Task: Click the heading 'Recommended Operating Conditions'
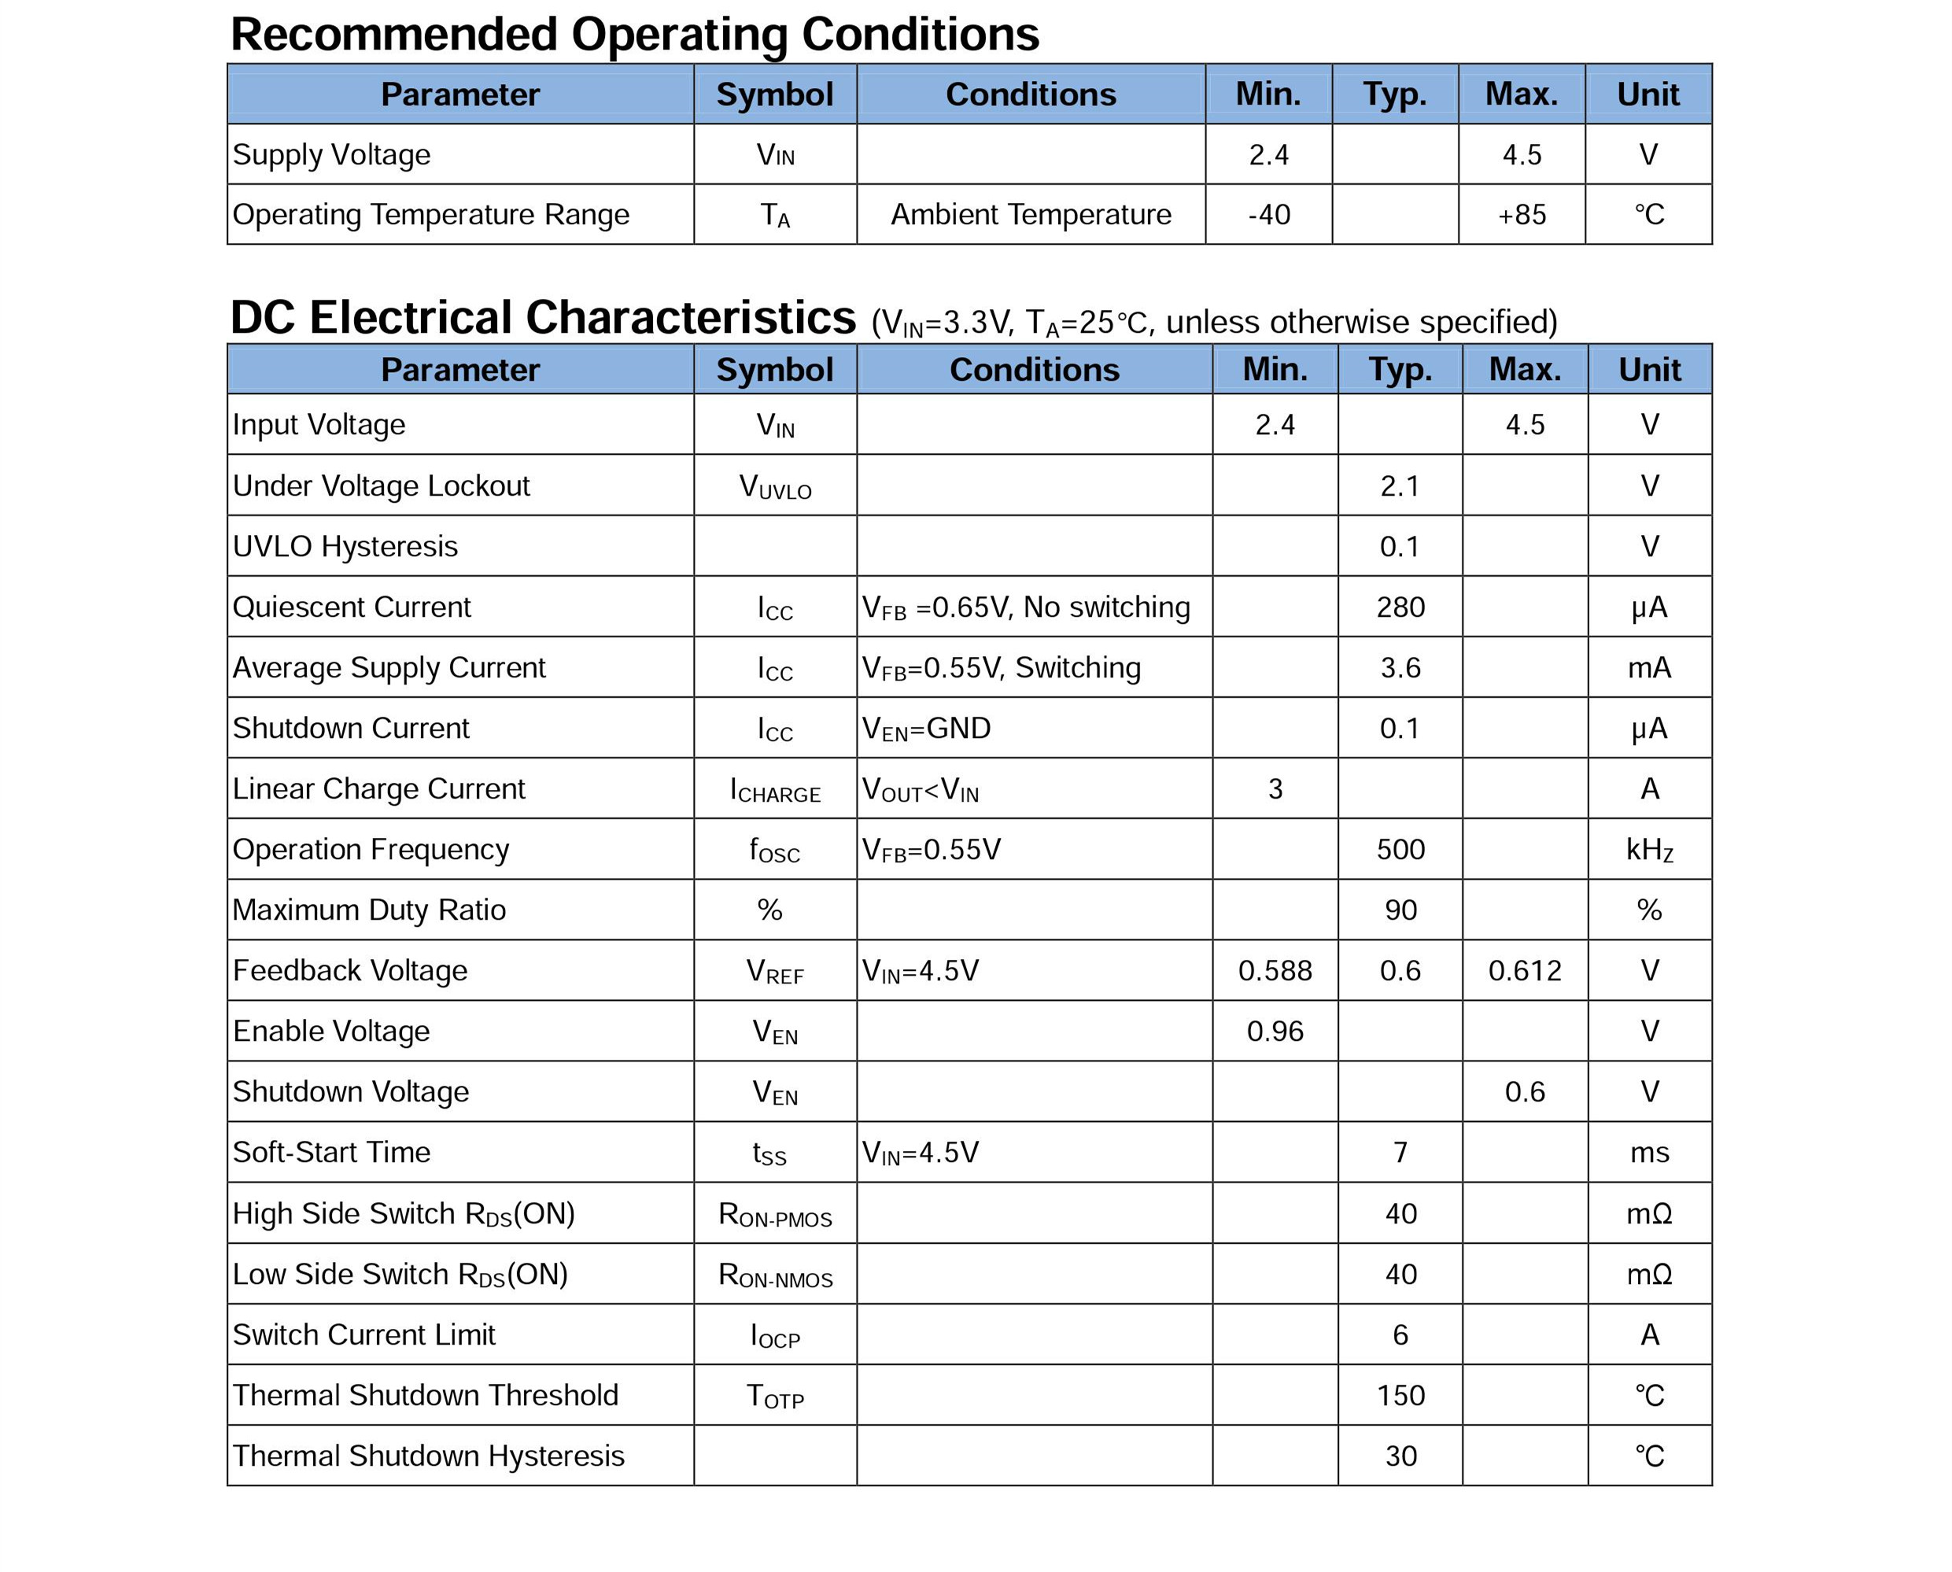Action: point(634,35)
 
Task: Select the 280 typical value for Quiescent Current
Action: point(1400,607)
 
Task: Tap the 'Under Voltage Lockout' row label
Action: point(381,485)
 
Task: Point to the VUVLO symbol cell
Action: point(775,487)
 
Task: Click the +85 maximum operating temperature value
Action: point(1521,215)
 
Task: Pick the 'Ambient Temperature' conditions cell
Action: point(1031,215)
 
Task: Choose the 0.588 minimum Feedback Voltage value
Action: point(1275,971)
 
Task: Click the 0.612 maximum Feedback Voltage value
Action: point(1525,971)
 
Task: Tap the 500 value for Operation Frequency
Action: point(1400,850)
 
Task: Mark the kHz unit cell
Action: point(1649,850)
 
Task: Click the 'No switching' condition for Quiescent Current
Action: point(1106,607)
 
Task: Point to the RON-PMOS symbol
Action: point(775,1214)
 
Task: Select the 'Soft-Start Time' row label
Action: point(331,1152)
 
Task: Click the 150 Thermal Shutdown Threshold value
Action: point(1400,1396)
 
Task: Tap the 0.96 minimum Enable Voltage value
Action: point(1275,1031)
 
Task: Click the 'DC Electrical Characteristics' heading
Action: point(543,318)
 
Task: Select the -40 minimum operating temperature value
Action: point(1268,215)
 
